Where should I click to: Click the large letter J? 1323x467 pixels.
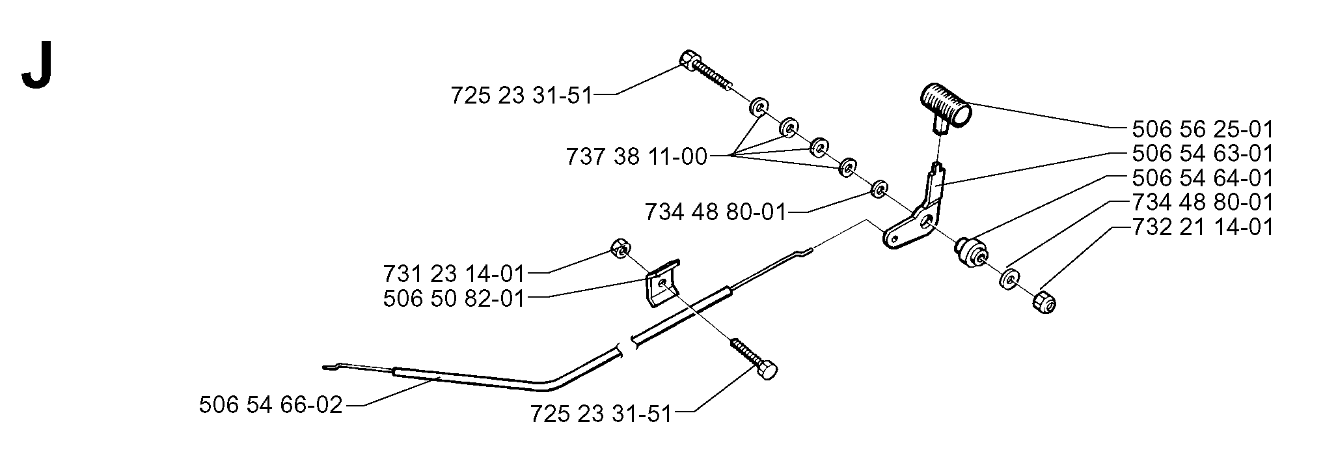pos(36,70)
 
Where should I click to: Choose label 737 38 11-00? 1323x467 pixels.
pos(636,156)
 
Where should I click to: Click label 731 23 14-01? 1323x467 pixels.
pos(454,272)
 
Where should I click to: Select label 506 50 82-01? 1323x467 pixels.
pos(454,298)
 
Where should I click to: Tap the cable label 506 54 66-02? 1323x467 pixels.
pos(271,405)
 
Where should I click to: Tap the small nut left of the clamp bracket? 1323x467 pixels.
pos(620,248)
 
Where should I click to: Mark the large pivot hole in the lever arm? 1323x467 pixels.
pos(925,224)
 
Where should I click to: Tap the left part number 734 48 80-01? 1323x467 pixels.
pos(716,212)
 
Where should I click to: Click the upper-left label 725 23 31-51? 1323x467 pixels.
pos(522,96)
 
